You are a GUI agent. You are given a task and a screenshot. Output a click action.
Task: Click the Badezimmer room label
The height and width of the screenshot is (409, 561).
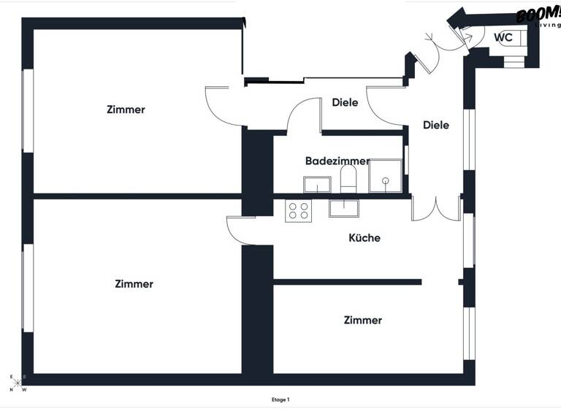coord(337,161)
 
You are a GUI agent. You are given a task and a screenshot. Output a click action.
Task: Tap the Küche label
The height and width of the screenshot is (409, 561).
coord(365,237)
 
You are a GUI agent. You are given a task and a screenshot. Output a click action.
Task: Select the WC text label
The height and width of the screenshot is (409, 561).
coord(503,37)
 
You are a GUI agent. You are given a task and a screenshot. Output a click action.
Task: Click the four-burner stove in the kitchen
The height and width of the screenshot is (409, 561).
coord(298,211)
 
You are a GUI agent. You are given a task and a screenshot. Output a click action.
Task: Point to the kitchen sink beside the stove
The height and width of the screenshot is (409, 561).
coord(343,208)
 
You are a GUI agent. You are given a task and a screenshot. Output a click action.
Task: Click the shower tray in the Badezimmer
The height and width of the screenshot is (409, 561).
coord(385,175)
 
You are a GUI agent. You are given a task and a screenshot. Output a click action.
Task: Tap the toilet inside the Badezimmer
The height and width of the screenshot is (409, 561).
coord(348,180)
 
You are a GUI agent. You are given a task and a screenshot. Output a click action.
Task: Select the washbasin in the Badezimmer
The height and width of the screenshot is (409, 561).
coord(318,186)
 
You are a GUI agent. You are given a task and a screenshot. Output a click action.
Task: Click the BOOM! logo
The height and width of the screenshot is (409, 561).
coord(537,16)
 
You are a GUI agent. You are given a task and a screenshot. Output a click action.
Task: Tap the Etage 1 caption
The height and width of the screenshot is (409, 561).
coord(280,400)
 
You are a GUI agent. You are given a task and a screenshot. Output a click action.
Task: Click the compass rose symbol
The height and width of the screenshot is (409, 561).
coord(17,382)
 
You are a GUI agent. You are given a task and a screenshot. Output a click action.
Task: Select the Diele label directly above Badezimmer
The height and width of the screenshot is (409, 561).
coord(345,103)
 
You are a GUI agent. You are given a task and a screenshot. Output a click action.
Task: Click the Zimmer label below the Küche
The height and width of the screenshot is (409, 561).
coord(362,320)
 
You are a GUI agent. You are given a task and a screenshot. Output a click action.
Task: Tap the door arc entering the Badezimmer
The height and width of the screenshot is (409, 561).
coord(302,116)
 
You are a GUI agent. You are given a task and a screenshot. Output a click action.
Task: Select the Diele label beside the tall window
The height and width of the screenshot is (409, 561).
coord(436,125)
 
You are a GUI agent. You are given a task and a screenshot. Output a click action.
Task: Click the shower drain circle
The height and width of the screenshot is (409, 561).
coord(385,180)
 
